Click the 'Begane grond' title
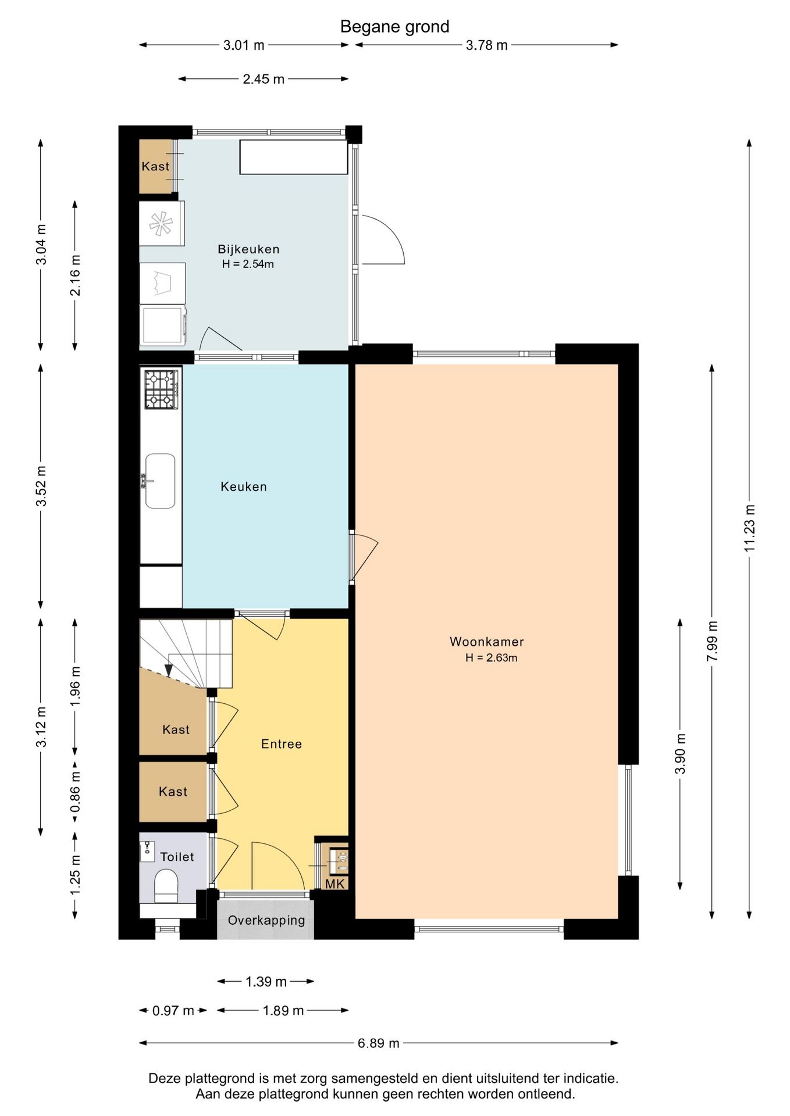394,27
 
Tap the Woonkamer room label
487,642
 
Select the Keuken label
244,487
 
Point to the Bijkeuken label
248,249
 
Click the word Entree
282,744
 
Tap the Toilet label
177,857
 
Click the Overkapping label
266,920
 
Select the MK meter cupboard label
335,884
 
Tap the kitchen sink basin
160,481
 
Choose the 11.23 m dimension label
749,528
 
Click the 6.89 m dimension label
379,1043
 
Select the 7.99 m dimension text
712,641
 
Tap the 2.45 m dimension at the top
264,79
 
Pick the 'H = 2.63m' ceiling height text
491,658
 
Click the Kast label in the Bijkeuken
155,166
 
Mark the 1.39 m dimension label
266,982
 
